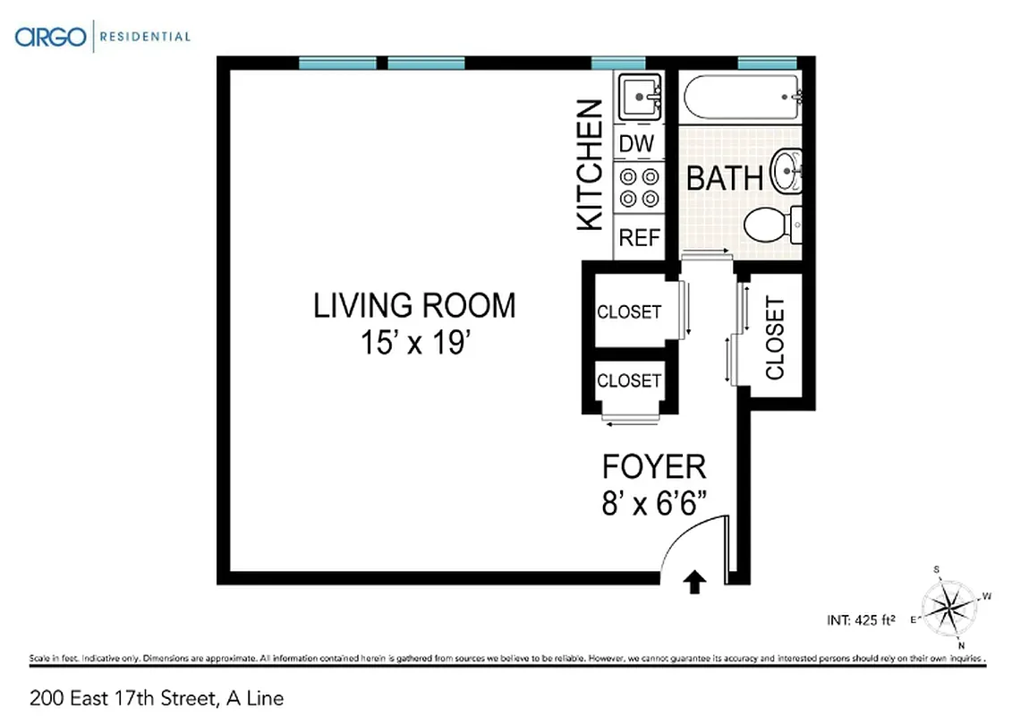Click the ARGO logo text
[x=50, y=37]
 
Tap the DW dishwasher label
[x=637, y=143]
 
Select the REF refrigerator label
[x=639, y=238]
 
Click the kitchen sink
[x=639, y=96]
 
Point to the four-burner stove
[x=639, y=188]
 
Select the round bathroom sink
[x=787, y=170]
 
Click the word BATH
[x=725, y=177]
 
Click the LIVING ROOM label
[x=414, y=305]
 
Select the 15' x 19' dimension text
[x=414, y=343]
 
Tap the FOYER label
[x=653, y=466]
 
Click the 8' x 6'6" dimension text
[x=655, y=503]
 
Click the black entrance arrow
[x=694, y=584]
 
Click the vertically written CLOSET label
[x=775, y=337]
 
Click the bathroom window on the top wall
[x=767, y=63]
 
